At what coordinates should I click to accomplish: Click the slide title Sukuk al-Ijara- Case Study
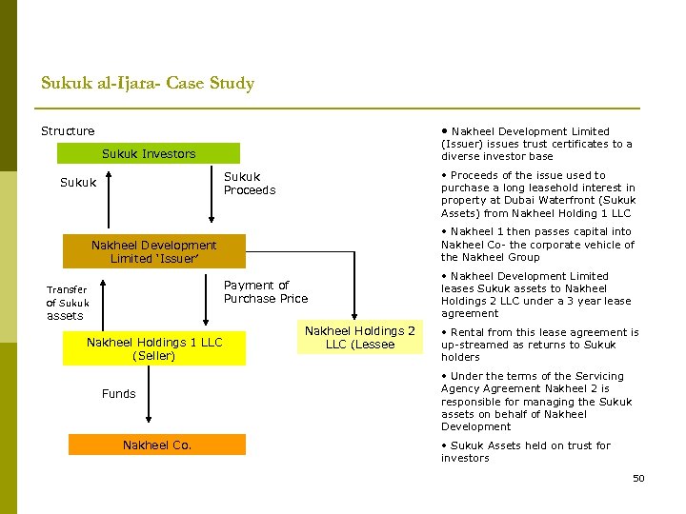148,84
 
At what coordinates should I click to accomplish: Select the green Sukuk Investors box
148,153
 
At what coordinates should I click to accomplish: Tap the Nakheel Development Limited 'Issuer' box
153,251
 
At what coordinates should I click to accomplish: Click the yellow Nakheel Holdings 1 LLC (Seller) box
153,349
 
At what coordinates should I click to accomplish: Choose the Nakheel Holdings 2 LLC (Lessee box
359,337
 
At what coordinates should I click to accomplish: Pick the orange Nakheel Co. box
157,445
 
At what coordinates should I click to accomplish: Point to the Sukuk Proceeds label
249,183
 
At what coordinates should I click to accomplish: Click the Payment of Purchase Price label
265,291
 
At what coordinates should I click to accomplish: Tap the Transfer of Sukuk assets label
68,303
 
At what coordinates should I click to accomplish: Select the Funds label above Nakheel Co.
119,393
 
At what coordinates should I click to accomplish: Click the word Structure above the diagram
68,130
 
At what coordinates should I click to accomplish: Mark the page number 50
638,478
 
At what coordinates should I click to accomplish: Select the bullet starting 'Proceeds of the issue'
538,194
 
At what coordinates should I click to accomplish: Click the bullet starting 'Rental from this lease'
539,345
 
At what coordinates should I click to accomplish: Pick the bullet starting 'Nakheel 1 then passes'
537,244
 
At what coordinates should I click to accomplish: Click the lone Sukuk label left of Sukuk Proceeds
78,183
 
